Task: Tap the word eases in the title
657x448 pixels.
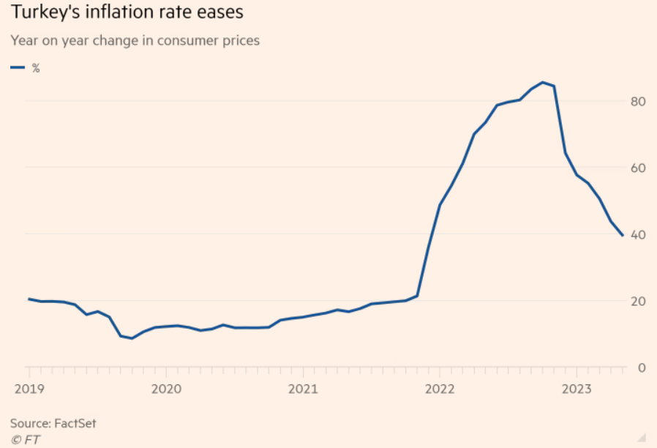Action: (x=219, y=13)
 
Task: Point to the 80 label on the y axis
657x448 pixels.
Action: (x=639, y=101)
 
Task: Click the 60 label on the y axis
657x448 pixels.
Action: (x=639, y=168)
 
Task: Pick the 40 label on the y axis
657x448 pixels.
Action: (x=639, y=234)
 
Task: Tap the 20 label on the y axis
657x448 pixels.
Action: (x=639, y=301)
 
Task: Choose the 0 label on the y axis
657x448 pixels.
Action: (x=642, y=367)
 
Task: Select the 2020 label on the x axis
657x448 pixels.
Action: (x=165, y=388)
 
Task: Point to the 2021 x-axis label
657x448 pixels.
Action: (x=302, y=388)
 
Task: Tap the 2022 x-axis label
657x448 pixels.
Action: (x=440, y=388)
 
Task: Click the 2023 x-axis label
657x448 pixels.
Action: (x=577, y=388)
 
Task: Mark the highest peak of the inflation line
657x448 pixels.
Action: (x=542, y=82)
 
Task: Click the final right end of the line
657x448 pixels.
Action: (x=623, y=236)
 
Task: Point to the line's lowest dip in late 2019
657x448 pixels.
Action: (x=132, y=338)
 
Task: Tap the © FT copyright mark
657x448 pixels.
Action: (x=25, y=439)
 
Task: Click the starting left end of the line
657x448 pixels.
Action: (x=28, y=299)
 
